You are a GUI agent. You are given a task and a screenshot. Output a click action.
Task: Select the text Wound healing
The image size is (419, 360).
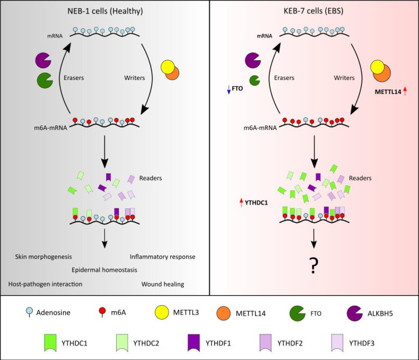[x=162, y=284]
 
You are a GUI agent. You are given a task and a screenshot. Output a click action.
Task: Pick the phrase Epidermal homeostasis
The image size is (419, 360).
[x=106, y=270]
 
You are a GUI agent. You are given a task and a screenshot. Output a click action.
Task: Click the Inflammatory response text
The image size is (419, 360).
[x=162, y=256]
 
